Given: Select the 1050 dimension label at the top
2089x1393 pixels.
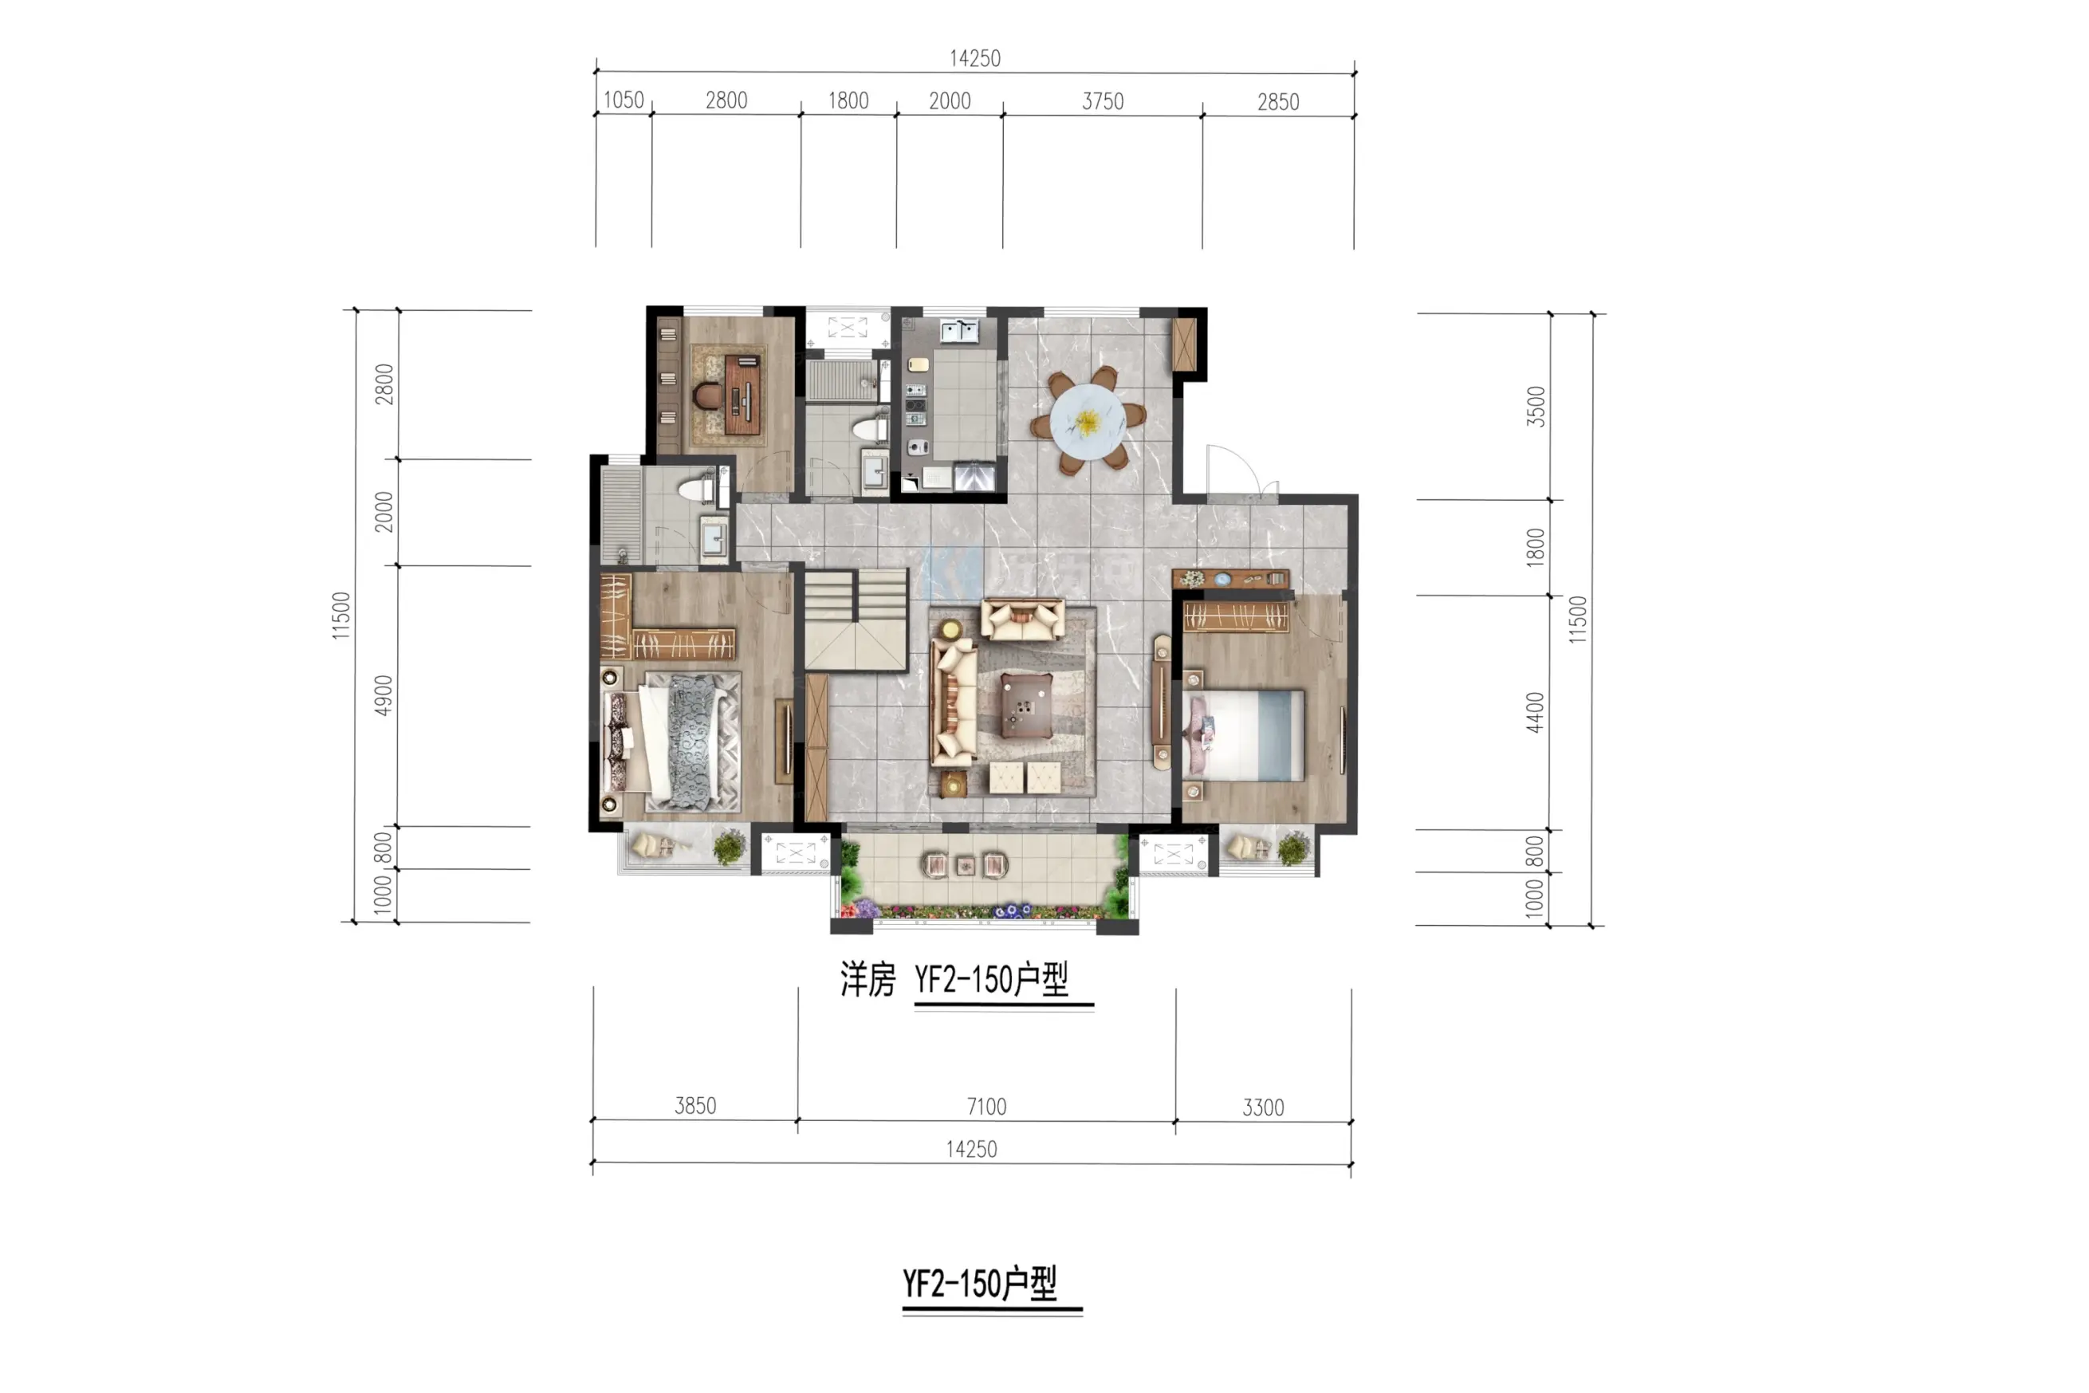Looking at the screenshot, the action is tap(624, 100).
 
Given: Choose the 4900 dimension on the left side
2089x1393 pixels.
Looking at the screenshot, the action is tap(383, 695).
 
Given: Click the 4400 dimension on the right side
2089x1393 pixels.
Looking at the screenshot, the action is tap(1536, 713).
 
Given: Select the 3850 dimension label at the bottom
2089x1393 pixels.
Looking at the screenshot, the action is tap(695, 1105).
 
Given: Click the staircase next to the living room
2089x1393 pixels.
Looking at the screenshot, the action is tap(856, 620).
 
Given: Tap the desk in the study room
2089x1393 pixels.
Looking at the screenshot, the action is tap(743, 395).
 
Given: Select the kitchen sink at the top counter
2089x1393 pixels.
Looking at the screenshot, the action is tap(959, 330).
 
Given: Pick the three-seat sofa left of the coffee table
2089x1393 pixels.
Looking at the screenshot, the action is tap(954, 703).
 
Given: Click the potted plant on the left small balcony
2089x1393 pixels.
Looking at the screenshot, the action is tap(730, 847).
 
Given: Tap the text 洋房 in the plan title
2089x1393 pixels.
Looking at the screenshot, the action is tap(867, 980).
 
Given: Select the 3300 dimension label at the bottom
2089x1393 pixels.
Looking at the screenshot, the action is tap(1263, 1107).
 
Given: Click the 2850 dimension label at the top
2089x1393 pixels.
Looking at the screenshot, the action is tap(1278, 102).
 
